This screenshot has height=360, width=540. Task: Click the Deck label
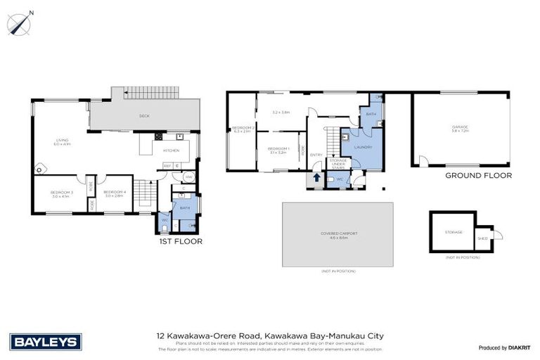tap(144, 116)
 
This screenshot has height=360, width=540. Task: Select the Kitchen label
tap(171, 150)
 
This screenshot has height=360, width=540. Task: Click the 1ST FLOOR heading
tap(181, 241)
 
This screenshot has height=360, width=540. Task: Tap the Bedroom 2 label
tap(242, 129)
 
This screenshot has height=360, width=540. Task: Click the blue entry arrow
tap(316, 179)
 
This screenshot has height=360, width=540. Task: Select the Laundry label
tap(363, 146)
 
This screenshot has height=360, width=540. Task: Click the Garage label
tap(460, 128)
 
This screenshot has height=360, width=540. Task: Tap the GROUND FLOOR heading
tap(478, 176)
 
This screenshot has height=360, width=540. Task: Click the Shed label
tap(482, 238)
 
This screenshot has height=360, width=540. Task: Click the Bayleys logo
tap(46, 342)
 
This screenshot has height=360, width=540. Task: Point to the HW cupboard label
tap(188, 177)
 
